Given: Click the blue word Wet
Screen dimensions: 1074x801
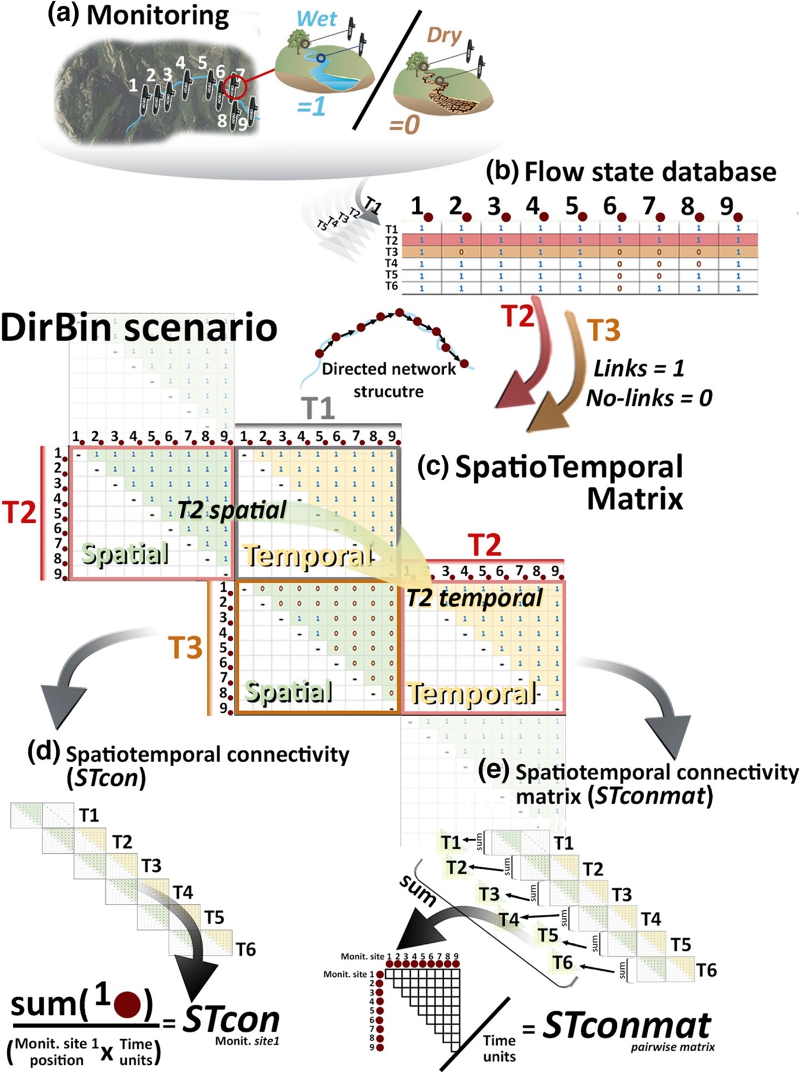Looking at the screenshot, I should pyautogui.click(x=316, y=19).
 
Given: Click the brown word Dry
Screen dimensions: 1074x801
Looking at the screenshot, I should pyautogui.click(x=444, y=35).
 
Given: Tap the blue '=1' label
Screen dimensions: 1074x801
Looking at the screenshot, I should pyautogui.click(x=311, y=106).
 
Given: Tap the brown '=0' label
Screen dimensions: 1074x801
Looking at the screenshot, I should pyautogui.click(x=404, y=124).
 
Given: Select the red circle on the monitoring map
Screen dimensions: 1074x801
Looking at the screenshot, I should pyautogui.click(x=234, y=87).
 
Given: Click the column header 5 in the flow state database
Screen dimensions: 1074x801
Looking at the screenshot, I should pyautogui.click(x=572, y=206).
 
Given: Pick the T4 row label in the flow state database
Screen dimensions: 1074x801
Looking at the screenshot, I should pyautogui.click(x=391, y=264).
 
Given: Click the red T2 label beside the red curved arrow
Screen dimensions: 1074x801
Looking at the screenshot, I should pyautogui.click(x=518, y=316).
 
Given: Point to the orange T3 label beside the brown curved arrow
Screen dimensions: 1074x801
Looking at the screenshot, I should pyautogui.click(x=604, y=330).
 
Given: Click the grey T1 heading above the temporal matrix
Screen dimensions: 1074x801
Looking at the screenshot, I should pyautogui.click(x=318, y=408).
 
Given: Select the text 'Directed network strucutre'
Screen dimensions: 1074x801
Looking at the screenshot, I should pyautogui.click(x=389, y=380).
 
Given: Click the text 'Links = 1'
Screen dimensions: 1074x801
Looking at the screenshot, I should pyautogui.click(x=638, y=368).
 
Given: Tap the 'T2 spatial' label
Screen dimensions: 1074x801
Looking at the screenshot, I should pyautogui.click(x=231, y=510).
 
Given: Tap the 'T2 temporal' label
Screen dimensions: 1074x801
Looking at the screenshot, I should pyautogui.click(x=474, y=598).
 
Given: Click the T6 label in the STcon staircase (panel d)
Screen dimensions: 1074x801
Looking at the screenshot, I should pyautogui.click(x=246, y=949).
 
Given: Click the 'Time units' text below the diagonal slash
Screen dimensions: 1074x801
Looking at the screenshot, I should pyautogui.click(x=499, y=1048).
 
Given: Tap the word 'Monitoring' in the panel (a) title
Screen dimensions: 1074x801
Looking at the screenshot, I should pyautogui.click(x=157, y=16).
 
